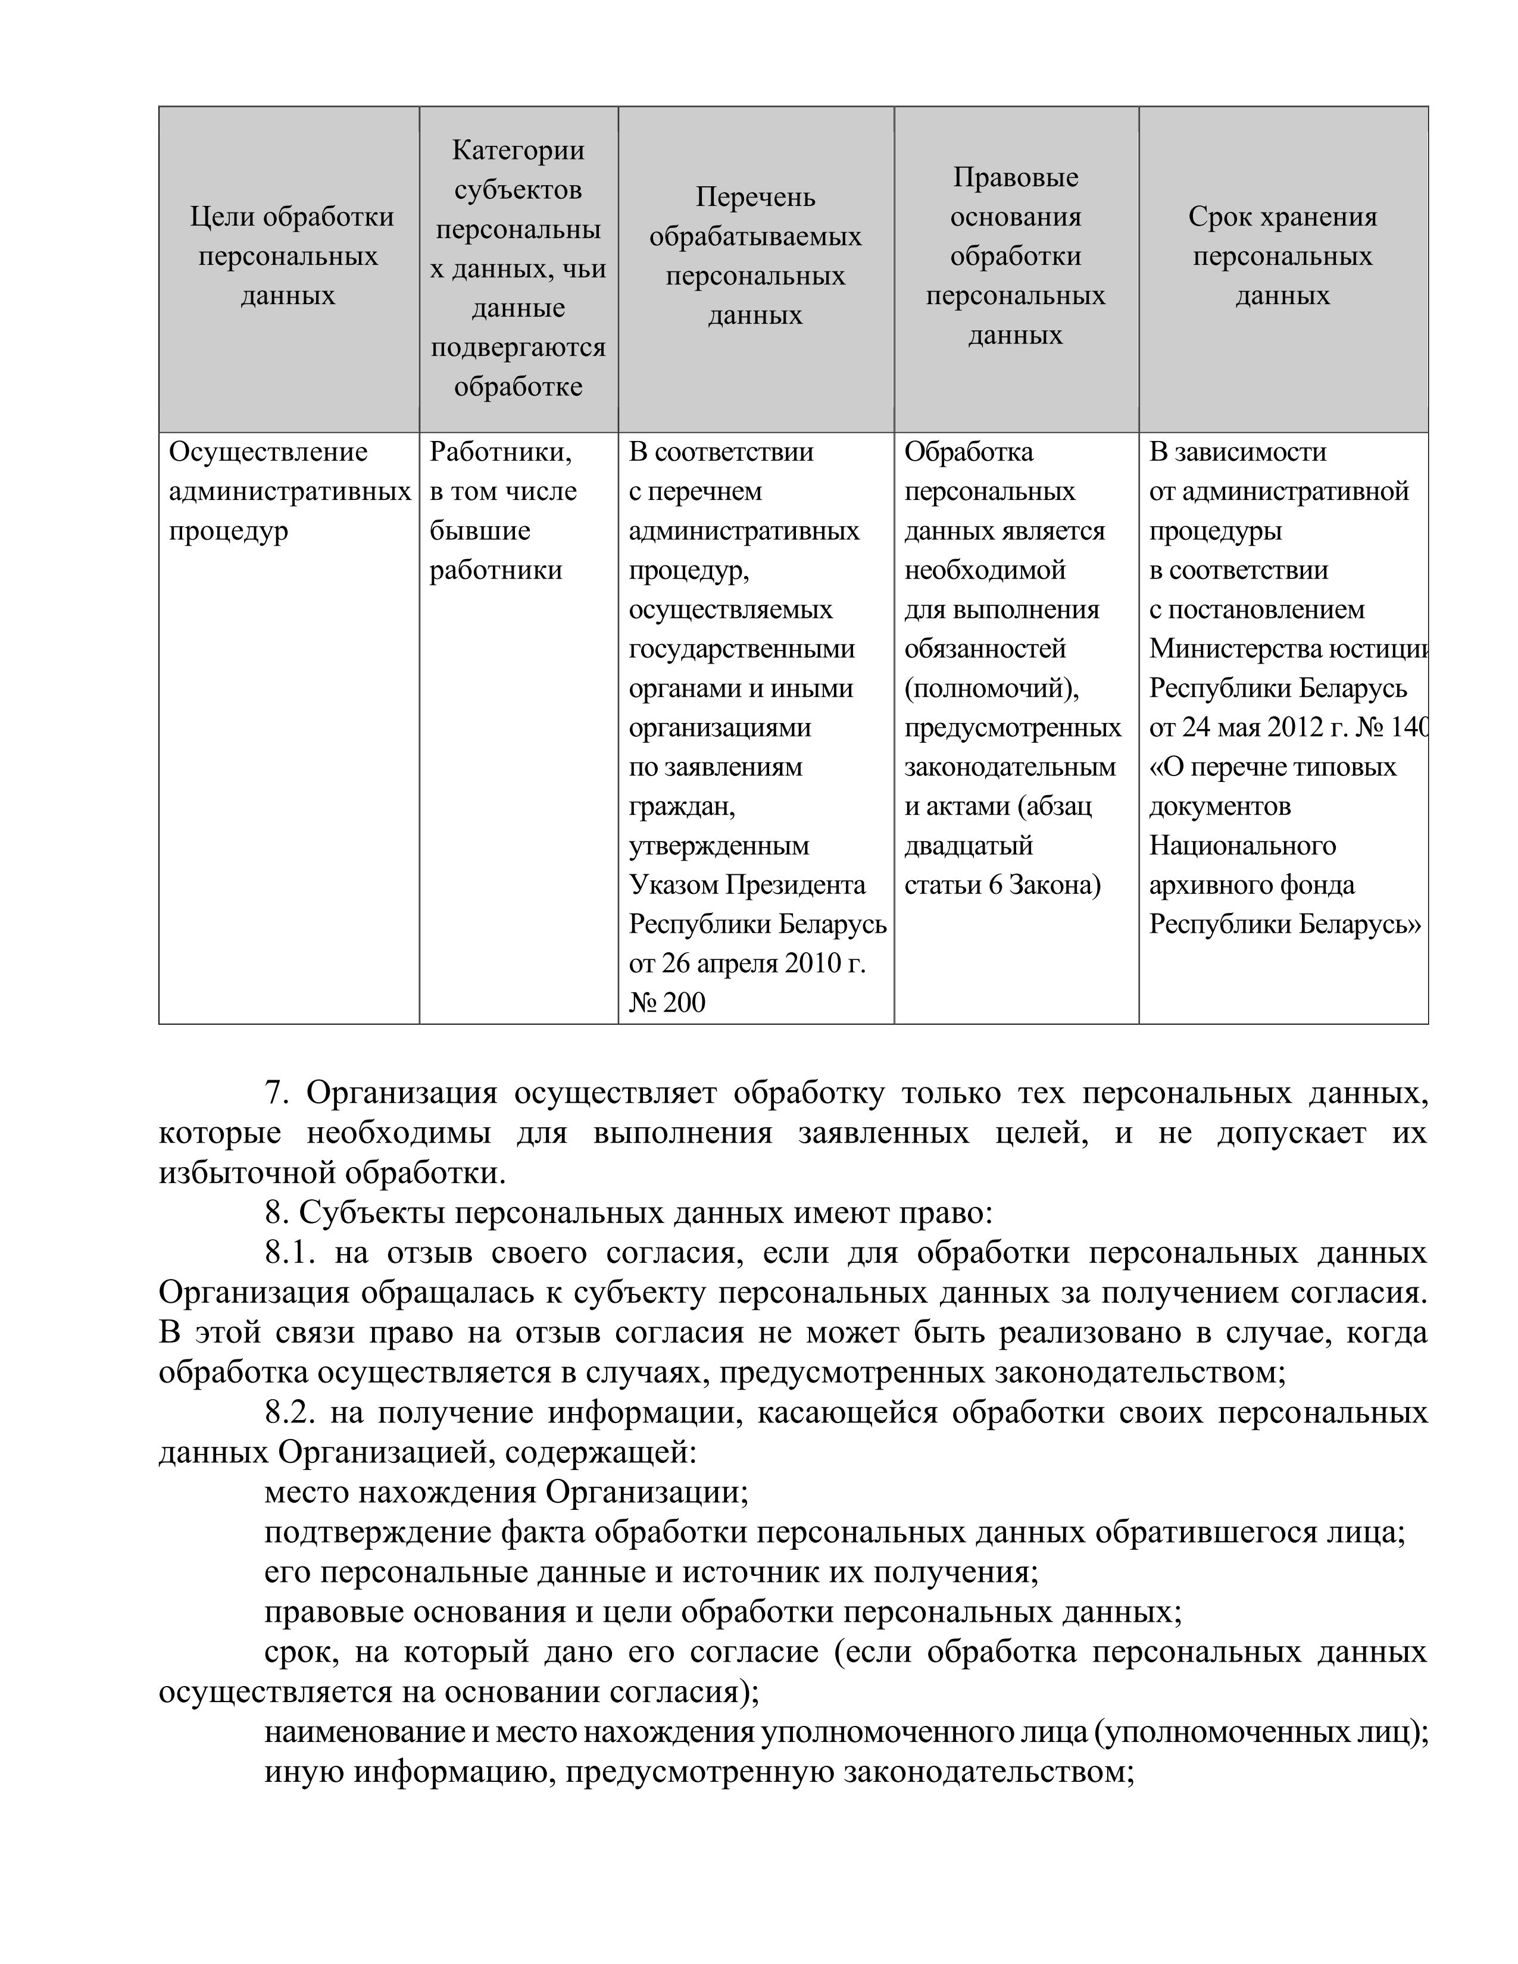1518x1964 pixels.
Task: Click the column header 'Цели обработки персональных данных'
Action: (x=292, y=257)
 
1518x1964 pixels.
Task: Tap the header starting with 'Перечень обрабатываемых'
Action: (x=755, y=257)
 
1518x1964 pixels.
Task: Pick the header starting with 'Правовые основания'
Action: (x=1016, y=257)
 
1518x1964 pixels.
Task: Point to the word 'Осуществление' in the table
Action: (x=268, y=452)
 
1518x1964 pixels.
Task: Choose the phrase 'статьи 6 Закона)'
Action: (x=1002, y=885)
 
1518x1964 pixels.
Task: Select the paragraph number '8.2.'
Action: (x=289, y=1413)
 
